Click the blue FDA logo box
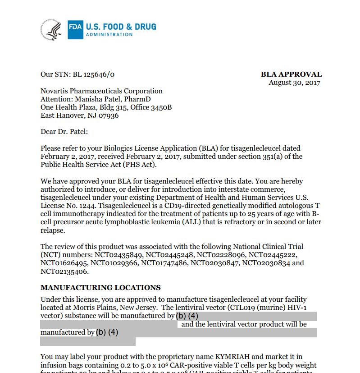(75, 28)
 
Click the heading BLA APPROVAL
(291, 74)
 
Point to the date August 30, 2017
(294, 83)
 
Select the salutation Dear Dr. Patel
(64, 132)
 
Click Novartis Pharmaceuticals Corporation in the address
(101, 91)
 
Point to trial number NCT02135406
(64, 271)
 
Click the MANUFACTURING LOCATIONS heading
(100, 287)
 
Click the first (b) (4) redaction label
(187, 316)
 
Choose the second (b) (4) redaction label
(107, 332)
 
